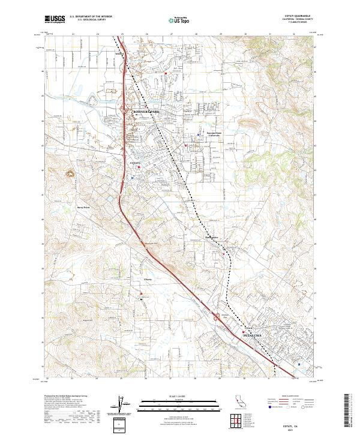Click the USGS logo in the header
coord(55,19)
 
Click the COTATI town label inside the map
coord(135,163)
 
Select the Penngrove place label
coord(212,238)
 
